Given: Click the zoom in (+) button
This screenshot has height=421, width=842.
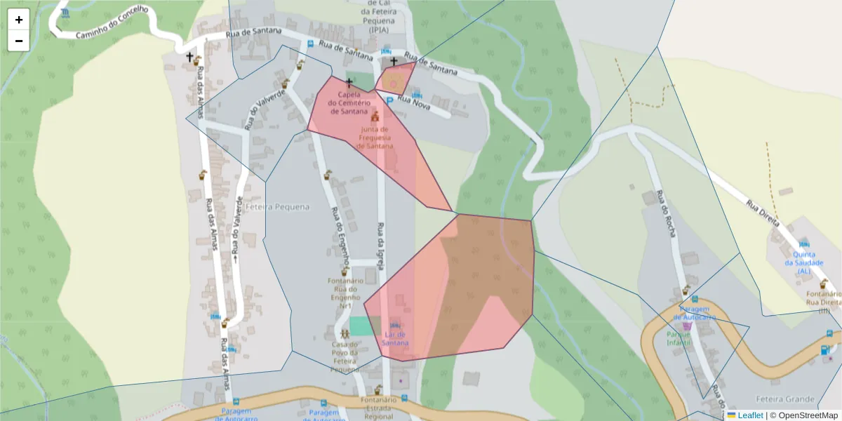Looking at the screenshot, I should point(19,20).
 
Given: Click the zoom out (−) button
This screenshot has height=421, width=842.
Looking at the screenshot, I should point(19,41).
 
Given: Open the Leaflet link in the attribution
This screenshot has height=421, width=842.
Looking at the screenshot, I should point(749,415).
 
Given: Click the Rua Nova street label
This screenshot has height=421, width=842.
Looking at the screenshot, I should point(413,102).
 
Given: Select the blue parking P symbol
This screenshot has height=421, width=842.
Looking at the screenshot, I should point(389,102).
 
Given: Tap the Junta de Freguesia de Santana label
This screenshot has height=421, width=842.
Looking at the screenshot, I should point(375,138).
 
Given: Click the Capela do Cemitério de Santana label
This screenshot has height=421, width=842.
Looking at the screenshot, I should point(349,102).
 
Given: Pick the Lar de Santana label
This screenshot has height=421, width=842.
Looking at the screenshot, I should point(396,338).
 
